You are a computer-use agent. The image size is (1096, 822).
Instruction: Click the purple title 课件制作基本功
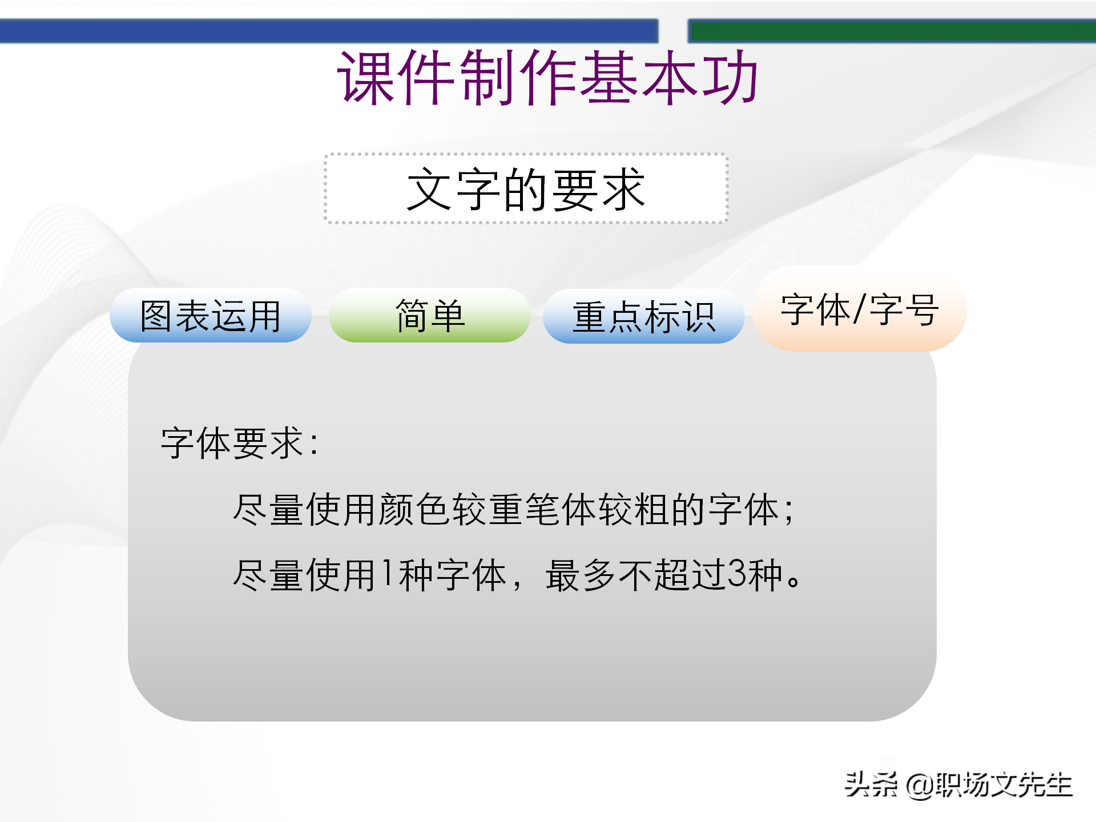coord(548,77)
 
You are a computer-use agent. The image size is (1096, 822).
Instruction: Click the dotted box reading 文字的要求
coord(526,189)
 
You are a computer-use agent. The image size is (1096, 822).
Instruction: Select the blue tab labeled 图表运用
coord(210,316)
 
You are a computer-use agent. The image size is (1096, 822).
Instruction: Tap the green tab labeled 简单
coord(429,316)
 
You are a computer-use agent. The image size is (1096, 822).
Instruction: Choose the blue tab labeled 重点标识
coord(643,317)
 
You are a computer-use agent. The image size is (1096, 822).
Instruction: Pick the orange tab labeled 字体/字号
coord(859,309)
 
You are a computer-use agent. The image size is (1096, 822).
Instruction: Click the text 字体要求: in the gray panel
coord(240,443)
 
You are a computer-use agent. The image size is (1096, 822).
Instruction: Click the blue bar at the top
coord(328,31)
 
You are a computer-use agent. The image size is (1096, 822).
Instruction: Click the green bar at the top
coord(890,31)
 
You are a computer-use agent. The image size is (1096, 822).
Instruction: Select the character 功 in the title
coord(731,77)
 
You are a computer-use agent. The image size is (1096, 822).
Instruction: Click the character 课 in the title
coord(366,77)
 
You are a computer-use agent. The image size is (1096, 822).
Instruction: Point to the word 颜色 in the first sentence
coord(413,509)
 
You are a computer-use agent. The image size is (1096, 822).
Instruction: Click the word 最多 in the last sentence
coord(581,575)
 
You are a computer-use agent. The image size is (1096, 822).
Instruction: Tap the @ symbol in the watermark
coord(920,785)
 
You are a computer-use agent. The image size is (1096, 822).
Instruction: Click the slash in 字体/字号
coord(859,309)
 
